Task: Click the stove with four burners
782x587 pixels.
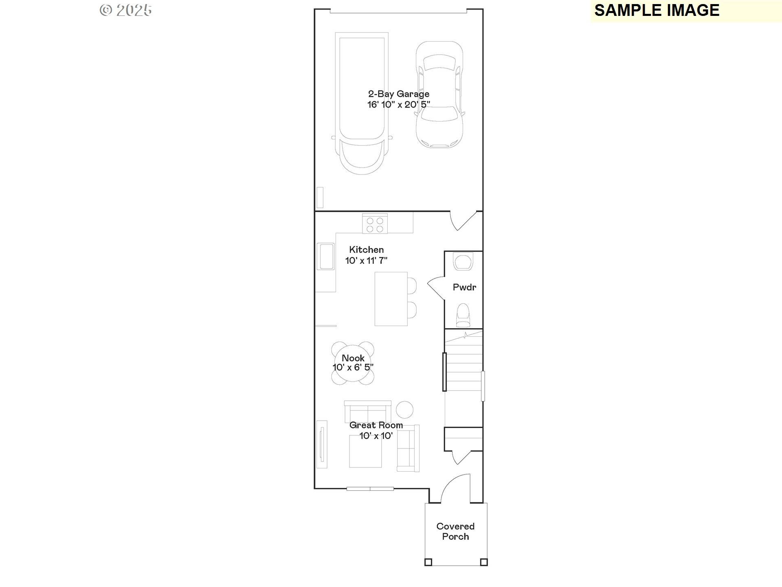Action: [x=375, y=224]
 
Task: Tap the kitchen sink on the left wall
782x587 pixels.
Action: [x=326, y=256]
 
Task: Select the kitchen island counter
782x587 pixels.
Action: [x=391, y=299]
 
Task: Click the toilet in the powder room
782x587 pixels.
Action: [x=463, y=316]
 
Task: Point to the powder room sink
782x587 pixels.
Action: [x=463, y=262]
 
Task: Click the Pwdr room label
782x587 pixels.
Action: [x=464, y=287]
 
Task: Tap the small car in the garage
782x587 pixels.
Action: [x=439, y=95]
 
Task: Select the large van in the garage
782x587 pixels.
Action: [x=361, y=104]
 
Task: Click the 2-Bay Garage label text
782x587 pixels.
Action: [x=399, y=94]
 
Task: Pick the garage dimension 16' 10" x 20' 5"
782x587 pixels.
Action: [x=399, y=105]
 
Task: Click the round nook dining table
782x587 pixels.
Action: [x=353, y=363]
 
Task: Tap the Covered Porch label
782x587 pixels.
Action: [x=455, y=532]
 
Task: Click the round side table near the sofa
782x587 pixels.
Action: [x=405, y=409]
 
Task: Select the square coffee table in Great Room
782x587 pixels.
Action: [x=365, y=451]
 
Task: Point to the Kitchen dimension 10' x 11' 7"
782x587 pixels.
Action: [x=366, y=260]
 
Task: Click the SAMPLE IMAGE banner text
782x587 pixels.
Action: [x=657, y=10]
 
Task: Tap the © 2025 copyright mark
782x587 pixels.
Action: [x=126, y=10]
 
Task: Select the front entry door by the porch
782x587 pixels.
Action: [x=455, y=488]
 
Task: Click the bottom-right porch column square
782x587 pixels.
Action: [x=484, y=562]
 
